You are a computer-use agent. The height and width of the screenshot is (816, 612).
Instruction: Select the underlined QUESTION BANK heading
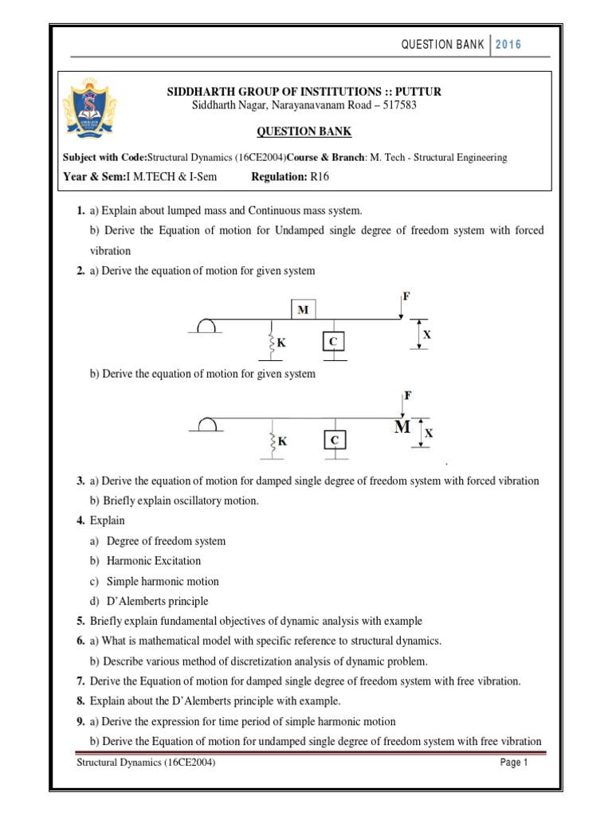[x=304, y=131]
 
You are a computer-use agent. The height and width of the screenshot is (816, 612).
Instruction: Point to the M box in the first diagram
[x=303, y=310]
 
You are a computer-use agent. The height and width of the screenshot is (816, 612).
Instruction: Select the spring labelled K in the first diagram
[x=273, y=343]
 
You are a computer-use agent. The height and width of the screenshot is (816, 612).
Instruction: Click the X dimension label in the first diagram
[x=426, y=335]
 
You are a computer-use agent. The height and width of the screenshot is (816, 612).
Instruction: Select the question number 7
[x=80, y=681]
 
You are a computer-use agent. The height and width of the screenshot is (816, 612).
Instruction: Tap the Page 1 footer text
[x=514, y=763]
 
